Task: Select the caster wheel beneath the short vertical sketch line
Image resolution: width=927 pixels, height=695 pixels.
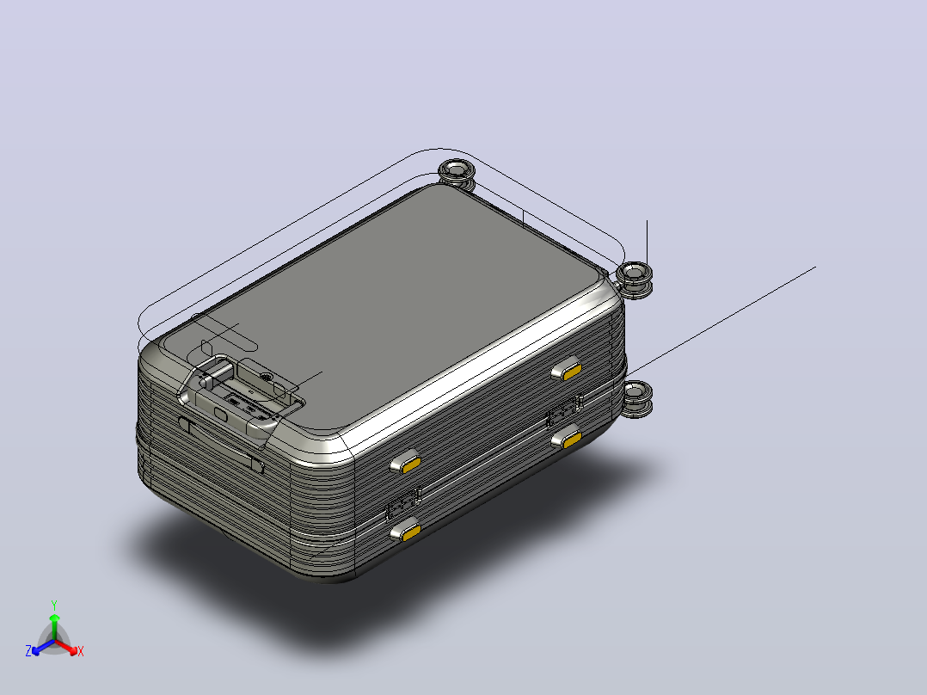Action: (x=635, y=279)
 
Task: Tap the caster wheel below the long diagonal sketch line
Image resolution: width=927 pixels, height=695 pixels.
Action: (x=636, y=398)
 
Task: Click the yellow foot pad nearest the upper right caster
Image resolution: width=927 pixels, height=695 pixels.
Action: (x=567, y=370)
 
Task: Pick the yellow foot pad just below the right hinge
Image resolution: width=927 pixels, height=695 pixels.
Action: (x=568, y=438)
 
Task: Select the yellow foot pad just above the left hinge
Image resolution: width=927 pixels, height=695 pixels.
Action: (x=406, y=463)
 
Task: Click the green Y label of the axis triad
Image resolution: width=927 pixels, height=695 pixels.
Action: (x=54, y=605)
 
